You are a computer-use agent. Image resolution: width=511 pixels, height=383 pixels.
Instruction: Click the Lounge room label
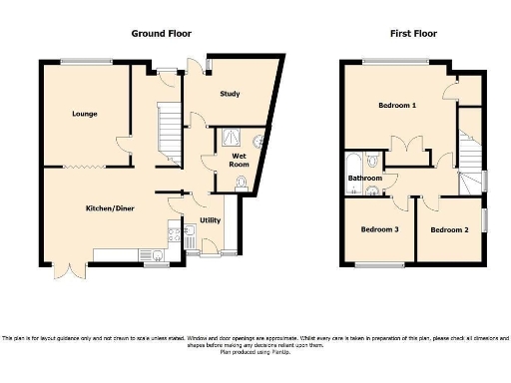[x=84, y=114]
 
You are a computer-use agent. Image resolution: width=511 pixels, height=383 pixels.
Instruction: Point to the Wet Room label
[x=240, y=160]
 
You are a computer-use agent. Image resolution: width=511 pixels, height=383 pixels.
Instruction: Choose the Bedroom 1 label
[x=397, y=105]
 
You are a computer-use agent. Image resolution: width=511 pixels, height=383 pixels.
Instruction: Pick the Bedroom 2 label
[x=448, y=229]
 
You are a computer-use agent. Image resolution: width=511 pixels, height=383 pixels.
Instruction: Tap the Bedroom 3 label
[x=379, y=229]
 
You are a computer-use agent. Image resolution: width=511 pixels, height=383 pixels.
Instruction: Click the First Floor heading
[x=413, y=33]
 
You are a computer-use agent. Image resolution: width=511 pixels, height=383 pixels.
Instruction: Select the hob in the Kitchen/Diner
[x=175, y=237]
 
